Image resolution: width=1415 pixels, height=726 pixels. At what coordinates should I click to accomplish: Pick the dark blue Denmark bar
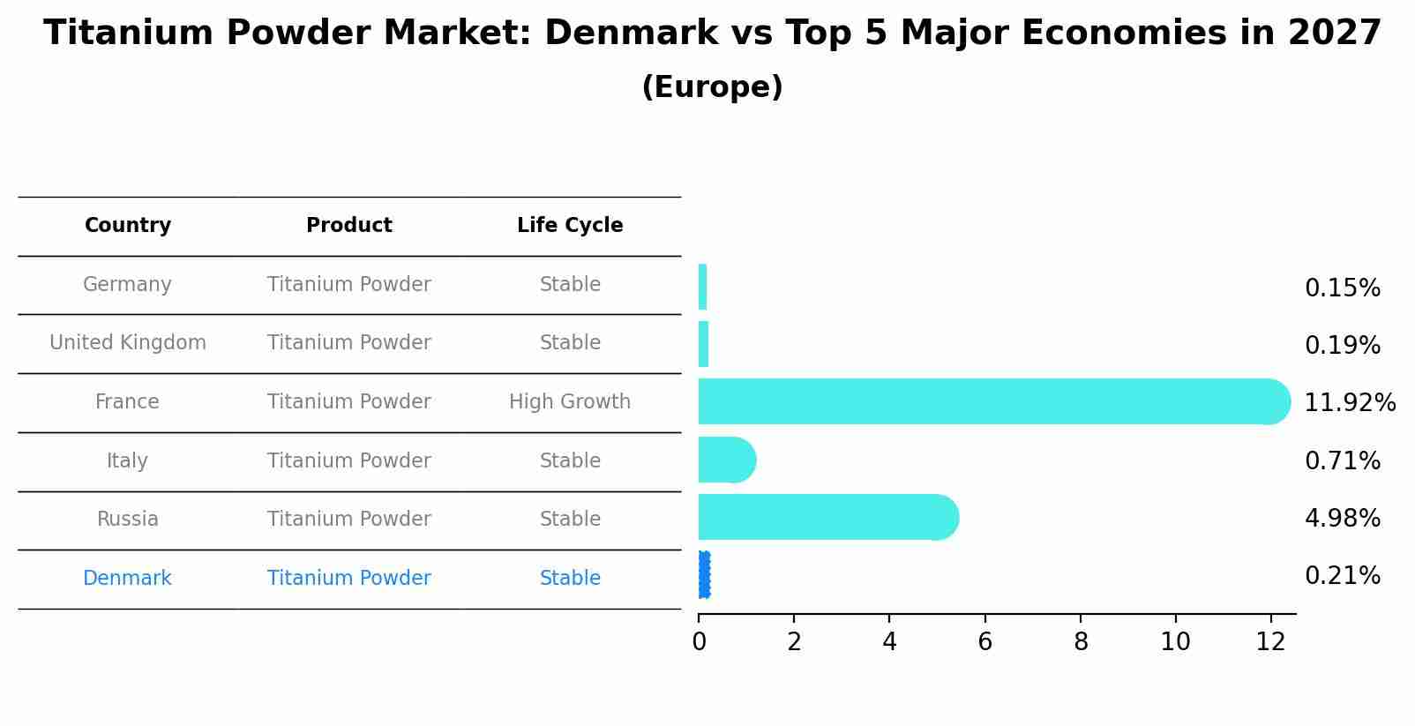coord(704,575)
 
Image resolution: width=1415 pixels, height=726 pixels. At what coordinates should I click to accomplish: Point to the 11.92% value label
coord(1349,403)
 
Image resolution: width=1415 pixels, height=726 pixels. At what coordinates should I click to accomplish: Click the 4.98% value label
coord(1342,519)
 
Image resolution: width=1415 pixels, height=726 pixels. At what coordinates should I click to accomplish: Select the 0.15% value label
coord(1342,288)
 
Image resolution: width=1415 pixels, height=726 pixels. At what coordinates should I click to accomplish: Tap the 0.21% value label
coord(1342,576)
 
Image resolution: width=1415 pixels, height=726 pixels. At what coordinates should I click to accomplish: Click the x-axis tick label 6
coord(985,642)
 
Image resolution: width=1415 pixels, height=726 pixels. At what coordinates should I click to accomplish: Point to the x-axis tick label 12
coord(1270,642)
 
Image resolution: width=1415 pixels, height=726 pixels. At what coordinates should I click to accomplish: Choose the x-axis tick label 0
coord(699,642)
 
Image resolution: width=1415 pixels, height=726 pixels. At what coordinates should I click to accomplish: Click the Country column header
coord(128,226)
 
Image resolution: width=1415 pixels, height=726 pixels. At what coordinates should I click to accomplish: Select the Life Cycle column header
coord(570,226)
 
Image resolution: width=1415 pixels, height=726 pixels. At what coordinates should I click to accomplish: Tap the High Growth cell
coord(570,402)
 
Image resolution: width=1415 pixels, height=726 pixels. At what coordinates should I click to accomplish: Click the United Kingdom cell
coord(128,343)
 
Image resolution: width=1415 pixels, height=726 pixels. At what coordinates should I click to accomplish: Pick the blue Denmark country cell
coord(127,579)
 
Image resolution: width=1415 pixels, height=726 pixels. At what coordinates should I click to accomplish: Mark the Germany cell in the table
coord(127,285)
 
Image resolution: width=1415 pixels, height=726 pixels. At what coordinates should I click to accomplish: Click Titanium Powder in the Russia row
coord(349,520)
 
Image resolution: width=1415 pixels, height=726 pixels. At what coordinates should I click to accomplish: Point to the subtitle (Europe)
coord(712,87)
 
